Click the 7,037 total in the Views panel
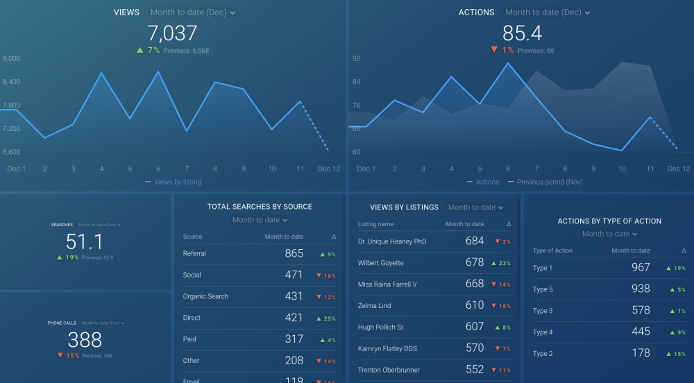(x=172, y=33)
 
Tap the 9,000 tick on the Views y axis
(x=11, y=59)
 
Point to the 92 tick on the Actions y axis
(x=356, y=59)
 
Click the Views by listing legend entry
(x=177, y=182)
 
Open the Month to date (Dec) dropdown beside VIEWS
(x=192, y=12)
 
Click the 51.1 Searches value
(x=84, y=241)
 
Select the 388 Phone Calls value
(x=84, y=340)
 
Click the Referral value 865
(x=294, y=254)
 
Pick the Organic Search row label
(x=205, y=296)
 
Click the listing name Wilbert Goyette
(x=380, y=263)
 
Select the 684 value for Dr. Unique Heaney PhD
(x=475, y=241)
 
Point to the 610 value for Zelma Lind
(x=475, y=305)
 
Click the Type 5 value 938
(x=641, y=289)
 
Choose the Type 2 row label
(x=543, y=354)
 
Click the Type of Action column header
(x=552, y=250)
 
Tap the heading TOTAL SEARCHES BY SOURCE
(x=260, y=207)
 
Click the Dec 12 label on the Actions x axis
(x=677, y=169)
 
